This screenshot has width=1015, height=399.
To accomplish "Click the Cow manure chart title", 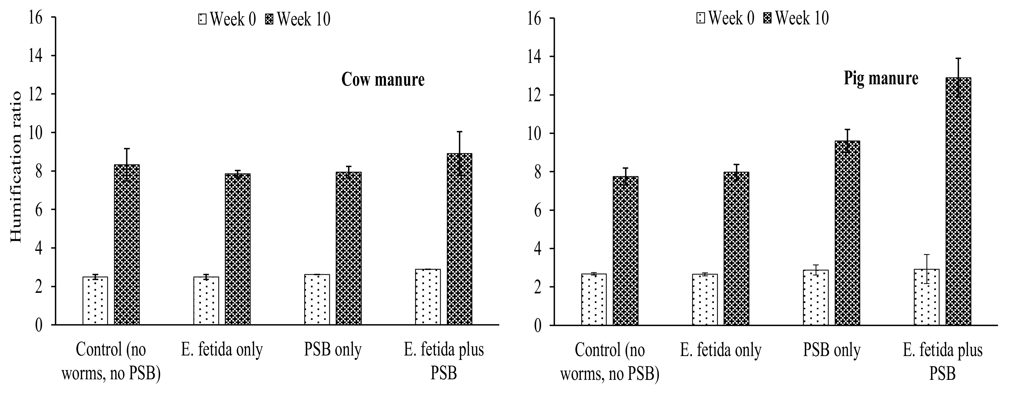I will tap(383, 80).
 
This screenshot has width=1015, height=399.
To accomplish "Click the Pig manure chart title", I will tap(881, 78).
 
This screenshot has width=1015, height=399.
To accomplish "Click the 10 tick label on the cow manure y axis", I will tap(38, 133).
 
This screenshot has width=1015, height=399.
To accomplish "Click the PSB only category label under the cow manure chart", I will tap(333, 350).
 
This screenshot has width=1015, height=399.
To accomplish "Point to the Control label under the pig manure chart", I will tap(610, 362).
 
